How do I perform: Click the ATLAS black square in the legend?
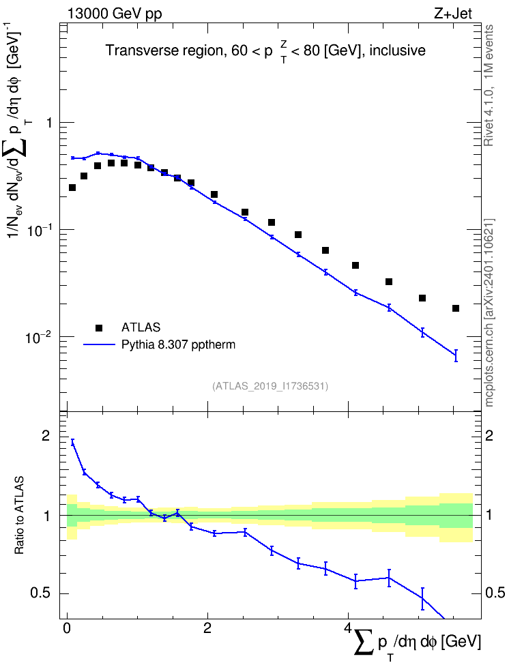pyautogui.click(x=99, y=327)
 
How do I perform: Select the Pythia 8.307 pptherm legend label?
pyautogui.click(x=178, y=344)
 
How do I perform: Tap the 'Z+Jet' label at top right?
pyautogui.click(x=452, y=14)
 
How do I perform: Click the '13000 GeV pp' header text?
pyautogui.click(x=114, y=14)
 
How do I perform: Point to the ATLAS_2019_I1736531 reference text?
pyautogui.click(x=270, y=386)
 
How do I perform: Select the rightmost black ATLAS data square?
pyautogui.click(x=456, y=308)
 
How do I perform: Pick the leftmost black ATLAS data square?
pyautogui.click(x=72, y=188)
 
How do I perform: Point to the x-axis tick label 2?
pyautogui.click(x=207, y=628)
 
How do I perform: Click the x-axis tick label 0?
pyautogui.click(x=66, y=628)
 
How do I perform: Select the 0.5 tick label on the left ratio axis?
pyautogui.click(x=40, y=593)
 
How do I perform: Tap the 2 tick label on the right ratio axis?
pyautogui.click(x=489, y=436)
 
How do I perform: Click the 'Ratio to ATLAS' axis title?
pyautogui.click(x=19, y=516)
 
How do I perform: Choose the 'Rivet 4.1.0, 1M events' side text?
pyautogui.click(x=489, y=85)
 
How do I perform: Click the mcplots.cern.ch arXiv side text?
pyautogui.click(x=489, y=312)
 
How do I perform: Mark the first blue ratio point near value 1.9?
pyautogui.click(x=72, y=442)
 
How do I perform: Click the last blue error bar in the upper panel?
pyautogui.click(x=456, y=355)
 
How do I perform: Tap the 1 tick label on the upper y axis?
pyautogui.click(x=48, y=123)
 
